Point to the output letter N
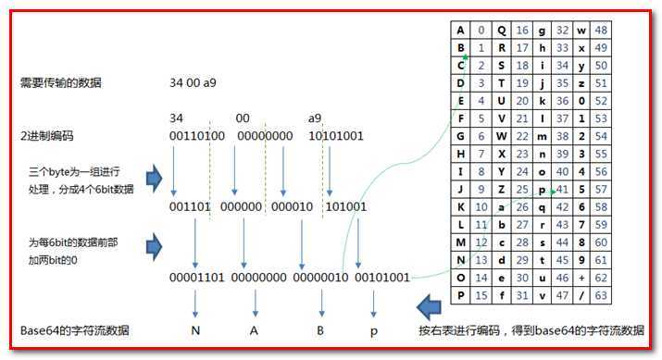click(x=196, y=330)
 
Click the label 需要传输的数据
click(x=61, y=83)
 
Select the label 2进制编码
click(x=47, y=136)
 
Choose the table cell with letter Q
click(x=502, y=31)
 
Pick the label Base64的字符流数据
click(x=75, y=330)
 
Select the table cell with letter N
click(x=461, y=260)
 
